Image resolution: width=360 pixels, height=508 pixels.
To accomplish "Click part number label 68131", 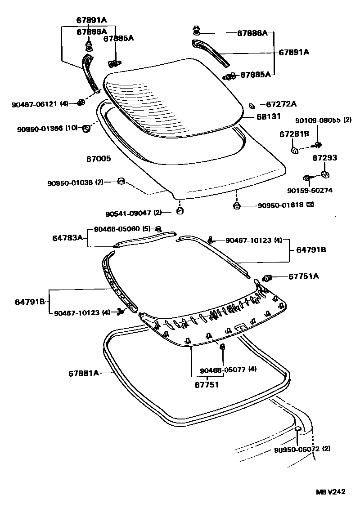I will click(x=269, y=116).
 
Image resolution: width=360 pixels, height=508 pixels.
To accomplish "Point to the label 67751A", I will click(x=303, y=276).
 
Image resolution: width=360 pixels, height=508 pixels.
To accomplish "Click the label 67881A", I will click(x=84, y=373).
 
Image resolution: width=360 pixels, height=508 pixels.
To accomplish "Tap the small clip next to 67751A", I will click(x=266, y=278).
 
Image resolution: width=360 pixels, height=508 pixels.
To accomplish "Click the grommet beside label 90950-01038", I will click(x=120, y=181).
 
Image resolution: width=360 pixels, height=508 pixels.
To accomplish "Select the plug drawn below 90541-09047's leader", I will click(x=179, y=210).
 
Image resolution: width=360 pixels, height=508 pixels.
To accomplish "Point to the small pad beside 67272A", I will click(x=252, y=106).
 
